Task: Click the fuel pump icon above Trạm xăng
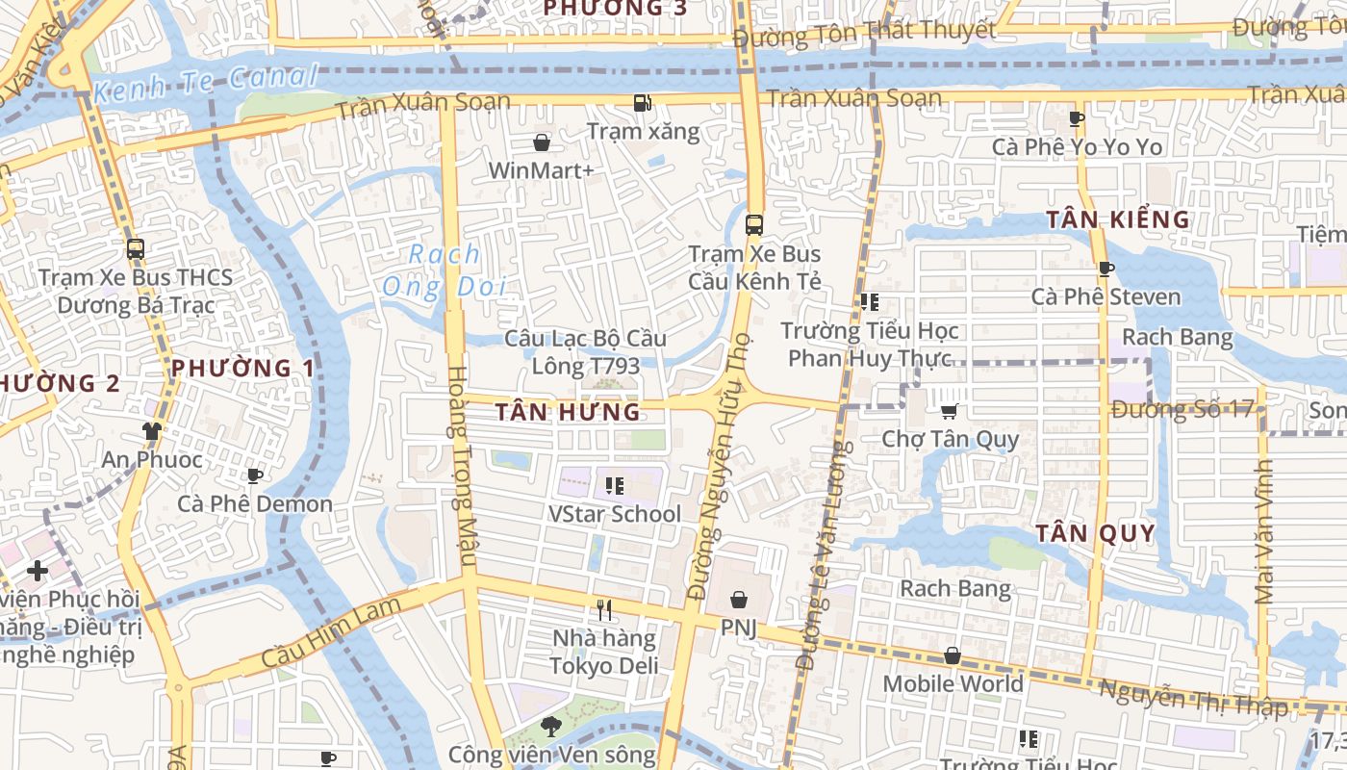click(642, 102)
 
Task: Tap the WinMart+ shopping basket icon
click(542, 143)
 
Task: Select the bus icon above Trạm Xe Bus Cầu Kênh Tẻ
click(754, 225)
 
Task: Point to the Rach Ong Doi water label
click(444, 270)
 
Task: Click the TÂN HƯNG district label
click(568, 412)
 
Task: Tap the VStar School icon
click(615, 486)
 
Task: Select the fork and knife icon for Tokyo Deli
click(604, 609)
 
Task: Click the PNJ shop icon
click(738, 600)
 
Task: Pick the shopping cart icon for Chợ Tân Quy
click(950, 411)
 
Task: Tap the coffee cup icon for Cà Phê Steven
click(1106, 269)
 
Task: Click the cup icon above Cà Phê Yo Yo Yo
click(1077, 118)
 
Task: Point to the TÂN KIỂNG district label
click(1118, 219)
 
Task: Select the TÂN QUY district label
click(1095, 533)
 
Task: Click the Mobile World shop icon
click(952, 655)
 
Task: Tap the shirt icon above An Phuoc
click(152, 430)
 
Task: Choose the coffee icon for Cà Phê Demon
click(255, 475)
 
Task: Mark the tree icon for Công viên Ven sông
click(550, 726)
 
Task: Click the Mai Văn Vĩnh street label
click(1264, 530)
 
